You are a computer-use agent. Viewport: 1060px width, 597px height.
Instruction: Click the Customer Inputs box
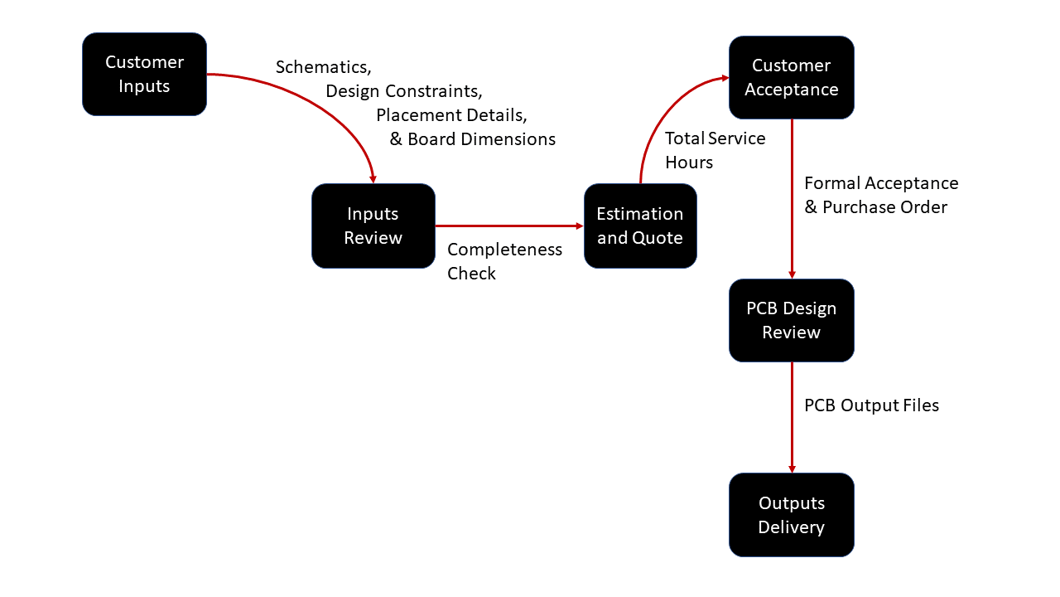tap(144, 74)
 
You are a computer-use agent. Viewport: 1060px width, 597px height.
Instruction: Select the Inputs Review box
tap(373, 226)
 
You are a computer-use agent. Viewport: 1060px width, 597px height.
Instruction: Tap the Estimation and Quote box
tap(640, 226)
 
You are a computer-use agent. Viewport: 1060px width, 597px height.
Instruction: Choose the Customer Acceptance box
tap(791, 77)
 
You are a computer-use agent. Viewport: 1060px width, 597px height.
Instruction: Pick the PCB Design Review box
tap(791, 320)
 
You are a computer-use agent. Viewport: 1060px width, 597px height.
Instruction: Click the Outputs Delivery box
tap(791, 515)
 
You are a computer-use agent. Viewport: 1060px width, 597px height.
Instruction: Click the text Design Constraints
tap(403, 91)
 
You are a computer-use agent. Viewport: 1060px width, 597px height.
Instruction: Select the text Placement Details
tap(451, 115)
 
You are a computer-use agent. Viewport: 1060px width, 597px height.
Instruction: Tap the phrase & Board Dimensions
tap(473, 139)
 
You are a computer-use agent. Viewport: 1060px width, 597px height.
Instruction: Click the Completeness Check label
tap(504, 261)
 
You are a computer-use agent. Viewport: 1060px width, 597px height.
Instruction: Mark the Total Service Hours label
tap(715, 150)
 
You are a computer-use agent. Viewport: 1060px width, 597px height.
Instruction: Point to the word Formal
tap(831, 183)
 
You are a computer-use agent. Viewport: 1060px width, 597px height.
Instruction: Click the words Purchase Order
tap(884, 207)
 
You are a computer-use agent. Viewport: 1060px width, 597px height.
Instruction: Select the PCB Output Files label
tap(871, 405)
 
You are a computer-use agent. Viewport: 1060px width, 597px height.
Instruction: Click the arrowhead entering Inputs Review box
tap(373, 179)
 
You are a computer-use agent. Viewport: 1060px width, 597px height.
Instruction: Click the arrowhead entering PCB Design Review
tap(792, 274)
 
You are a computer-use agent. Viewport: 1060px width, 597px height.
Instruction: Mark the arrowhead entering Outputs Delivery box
tap(792, 468)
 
